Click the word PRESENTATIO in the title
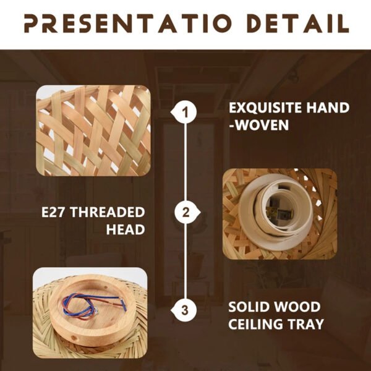(128, 23)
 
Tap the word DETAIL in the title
(299, 23)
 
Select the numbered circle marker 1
(185, 112)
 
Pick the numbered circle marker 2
(185, 212)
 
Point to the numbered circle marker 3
(185, 310)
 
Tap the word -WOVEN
(259, 125)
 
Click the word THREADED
(108, 212)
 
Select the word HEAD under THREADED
(126, 229)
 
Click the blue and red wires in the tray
(92, 306)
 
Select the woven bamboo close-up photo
(93, 130)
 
